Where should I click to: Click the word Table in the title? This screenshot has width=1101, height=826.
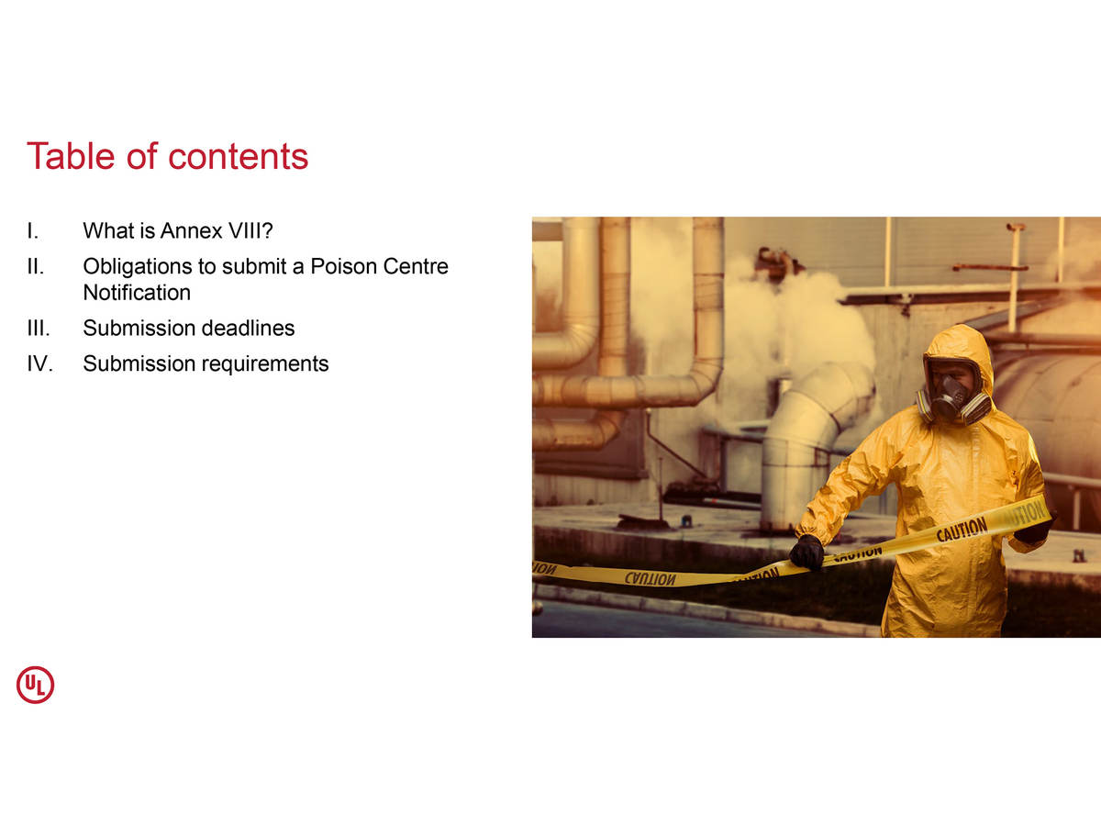(x=71, y=156)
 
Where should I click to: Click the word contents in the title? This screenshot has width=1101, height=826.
(x=238, y=157)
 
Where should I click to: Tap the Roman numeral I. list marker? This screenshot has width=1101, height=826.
(x=33, y=230)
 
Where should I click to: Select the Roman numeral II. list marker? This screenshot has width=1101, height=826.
(x=36, y=266)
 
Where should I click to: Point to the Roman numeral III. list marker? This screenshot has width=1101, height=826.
(x=39, y=328)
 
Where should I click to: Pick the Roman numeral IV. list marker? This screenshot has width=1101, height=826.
(x=40, y=363)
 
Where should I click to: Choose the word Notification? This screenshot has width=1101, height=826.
(x=137, y=293)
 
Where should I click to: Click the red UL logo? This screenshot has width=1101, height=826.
(x=35, y=685)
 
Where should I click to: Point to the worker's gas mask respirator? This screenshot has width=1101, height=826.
(x=952, y=397)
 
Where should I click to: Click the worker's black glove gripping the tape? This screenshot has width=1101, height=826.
(x=807, y=552)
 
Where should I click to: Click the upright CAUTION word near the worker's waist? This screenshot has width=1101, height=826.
(x=962, y=530)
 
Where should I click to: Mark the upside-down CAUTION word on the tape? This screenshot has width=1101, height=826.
(x=651, y=579)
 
